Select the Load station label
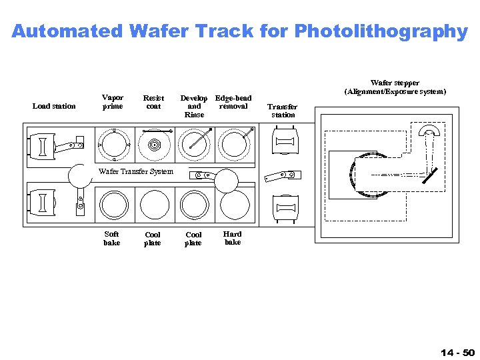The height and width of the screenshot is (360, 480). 54,106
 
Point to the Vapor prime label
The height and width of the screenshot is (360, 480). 113,101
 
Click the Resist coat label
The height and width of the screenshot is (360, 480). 153,102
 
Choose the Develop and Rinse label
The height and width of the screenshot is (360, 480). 194,106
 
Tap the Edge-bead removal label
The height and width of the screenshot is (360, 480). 233,102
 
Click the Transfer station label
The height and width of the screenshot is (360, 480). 283,111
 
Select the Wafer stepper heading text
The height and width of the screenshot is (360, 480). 395,87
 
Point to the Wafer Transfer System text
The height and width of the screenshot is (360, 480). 135,171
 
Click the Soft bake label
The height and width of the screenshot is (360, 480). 112,239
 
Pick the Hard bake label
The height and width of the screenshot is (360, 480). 233,238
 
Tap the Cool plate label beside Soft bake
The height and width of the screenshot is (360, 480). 153,239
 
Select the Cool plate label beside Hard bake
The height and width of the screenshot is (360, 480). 193,239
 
